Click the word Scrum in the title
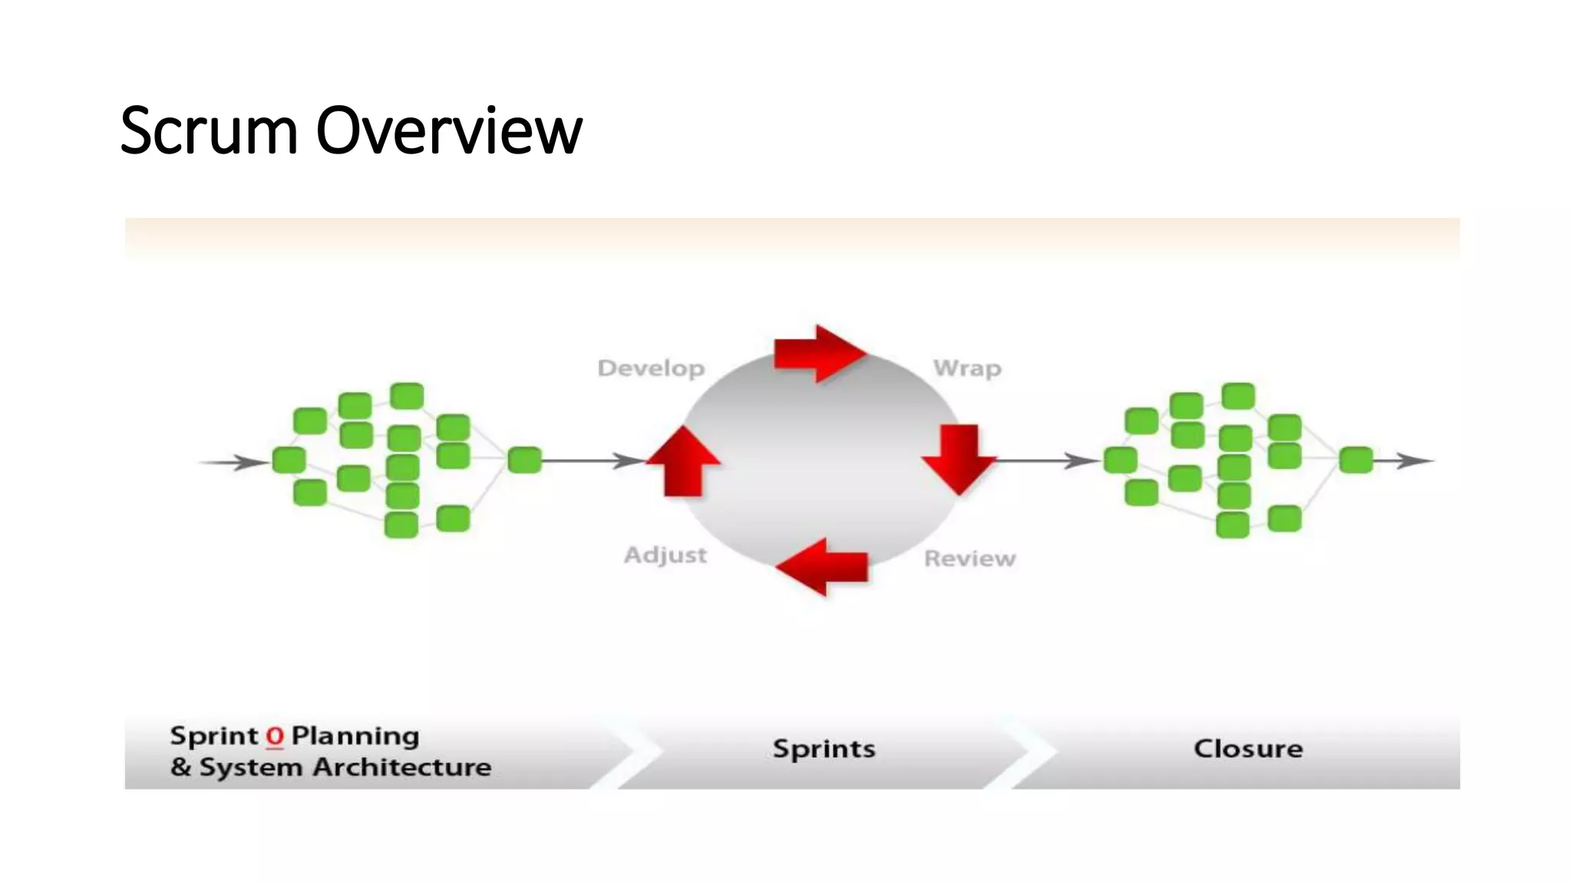(208, 130)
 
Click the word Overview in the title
(449, 130)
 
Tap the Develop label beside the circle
(651, 368)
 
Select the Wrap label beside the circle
(967, 368)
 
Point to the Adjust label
(665, 555)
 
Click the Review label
(969, 559)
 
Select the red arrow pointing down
(959, 459)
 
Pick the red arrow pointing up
(683, 462)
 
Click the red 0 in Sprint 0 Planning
(275, 737)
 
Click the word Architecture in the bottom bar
(402, 767)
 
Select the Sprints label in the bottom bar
(824, 749)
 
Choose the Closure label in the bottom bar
(1248, 749)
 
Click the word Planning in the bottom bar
(355, 737)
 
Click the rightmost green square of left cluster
(525, 460)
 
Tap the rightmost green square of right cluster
(1356, 460)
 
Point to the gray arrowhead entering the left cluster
(250, 462)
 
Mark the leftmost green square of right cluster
(1120, 460)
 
